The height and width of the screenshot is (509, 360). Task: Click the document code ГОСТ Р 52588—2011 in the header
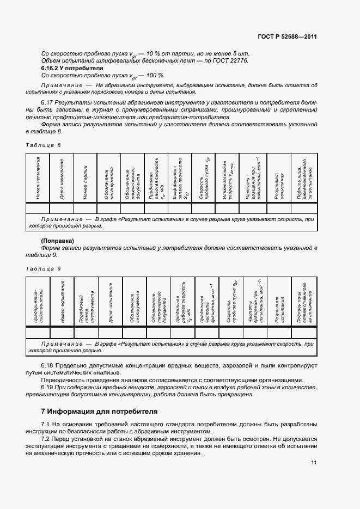[x=287, y=37]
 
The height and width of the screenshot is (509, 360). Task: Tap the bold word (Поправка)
[x=57, y=241]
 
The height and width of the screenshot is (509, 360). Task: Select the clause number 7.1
[x=46, y=424]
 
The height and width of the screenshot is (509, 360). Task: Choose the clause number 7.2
[x=46, y=439]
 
